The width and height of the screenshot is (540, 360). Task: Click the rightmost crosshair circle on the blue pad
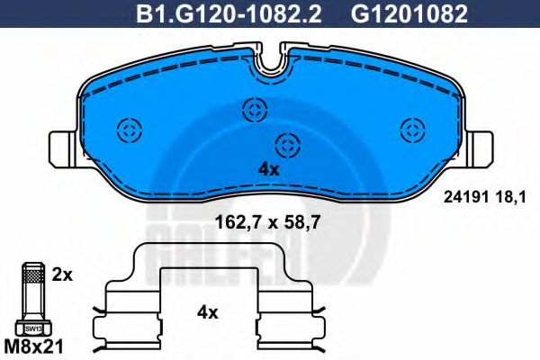412,129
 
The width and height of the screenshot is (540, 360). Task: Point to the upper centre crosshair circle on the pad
254,111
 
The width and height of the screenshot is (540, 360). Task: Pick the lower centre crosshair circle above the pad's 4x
286,143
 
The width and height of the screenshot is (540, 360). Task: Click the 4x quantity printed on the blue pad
269,169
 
